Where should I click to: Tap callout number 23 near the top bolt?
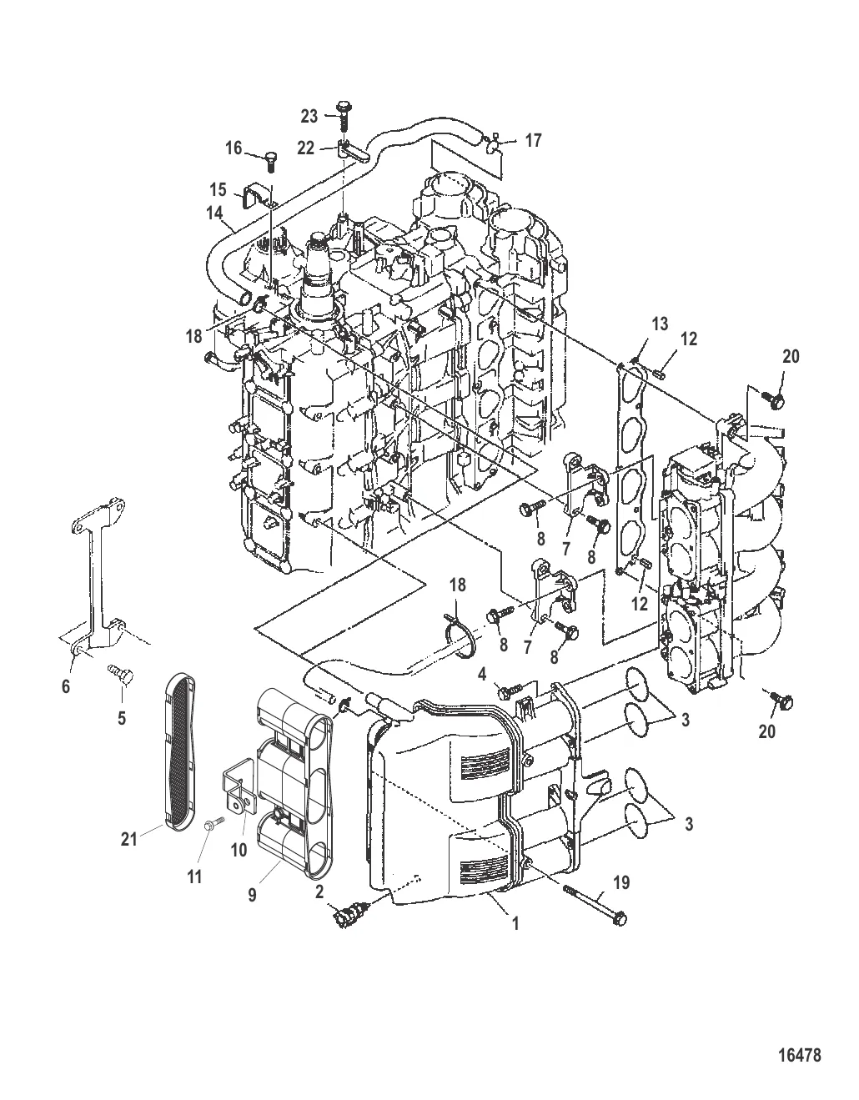[x=309, y=116]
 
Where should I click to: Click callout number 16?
[x=234, y=148]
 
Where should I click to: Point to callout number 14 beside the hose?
[x=214, y=213]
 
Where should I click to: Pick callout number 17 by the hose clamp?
[x=533, y=140]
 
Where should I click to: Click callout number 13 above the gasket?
[x=660, y=324]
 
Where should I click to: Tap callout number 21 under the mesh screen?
[x=129, y=839]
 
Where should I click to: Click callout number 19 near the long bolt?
[x=621, y=882]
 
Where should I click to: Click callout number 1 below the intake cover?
[x=515, y=923]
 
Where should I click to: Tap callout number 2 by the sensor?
[x=319, y=891]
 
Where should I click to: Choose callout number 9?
[x=253, y=895]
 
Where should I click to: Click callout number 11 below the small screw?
[x=195, y=876]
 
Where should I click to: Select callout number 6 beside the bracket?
[x=66, y=686]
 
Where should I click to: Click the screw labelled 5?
[x=120, y=674]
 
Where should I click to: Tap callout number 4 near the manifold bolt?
[x=482, y=674]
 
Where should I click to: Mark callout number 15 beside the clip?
[x=219, y=190]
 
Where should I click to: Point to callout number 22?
[x=306, y=148]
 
